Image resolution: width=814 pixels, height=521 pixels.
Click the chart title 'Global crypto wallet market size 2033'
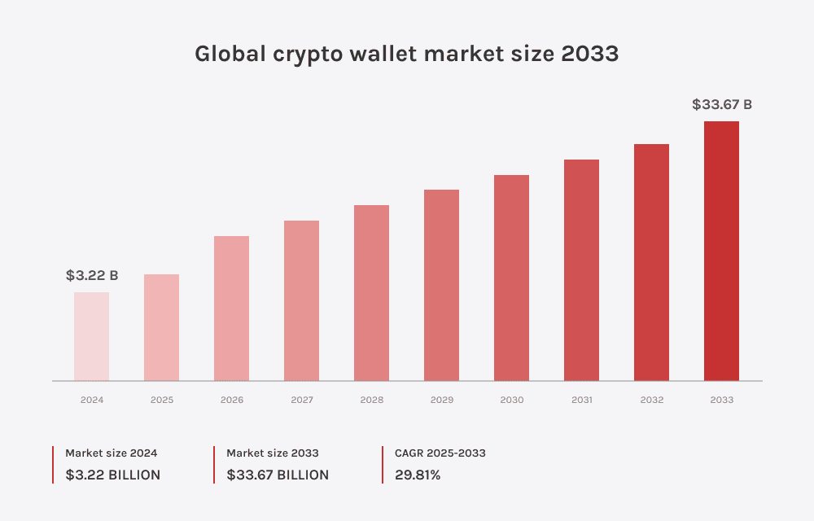406,54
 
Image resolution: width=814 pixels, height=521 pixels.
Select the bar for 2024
91,336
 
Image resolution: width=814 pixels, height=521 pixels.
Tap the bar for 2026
231,309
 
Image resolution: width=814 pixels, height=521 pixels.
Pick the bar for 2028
371,293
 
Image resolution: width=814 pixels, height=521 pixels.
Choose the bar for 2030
511,278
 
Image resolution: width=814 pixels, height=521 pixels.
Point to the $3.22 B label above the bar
92,276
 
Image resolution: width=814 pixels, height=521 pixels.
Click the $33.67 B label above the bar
721,104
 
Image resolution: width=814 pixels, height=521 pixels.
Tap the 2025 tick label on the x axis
162,400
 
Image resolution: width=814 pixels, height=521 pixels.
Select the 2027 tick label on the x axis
302,400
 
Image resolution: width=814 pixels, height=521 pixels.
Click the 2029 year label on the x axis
442,400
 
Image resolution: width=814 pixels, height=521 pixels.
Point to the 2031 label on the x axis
582,400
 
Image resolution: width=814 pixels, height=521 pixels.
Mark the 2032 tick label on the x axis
652,400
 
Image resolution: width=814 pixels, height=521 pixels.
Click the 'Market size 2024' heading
112,453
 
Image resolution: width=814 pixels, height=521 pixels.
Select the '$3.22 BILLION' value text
113,475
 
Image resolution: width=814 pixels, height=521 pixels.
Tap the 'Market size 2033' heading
273,453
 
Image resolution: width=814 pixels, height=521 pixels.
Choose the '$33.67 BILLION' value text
278,475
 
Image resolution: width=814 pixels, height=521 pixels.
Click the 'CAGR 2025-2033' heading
440,453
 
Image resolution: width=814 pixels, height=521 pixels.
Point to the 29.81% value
418,475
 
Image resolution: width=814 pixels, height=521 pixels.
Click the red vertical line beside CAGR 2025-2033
383,464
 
